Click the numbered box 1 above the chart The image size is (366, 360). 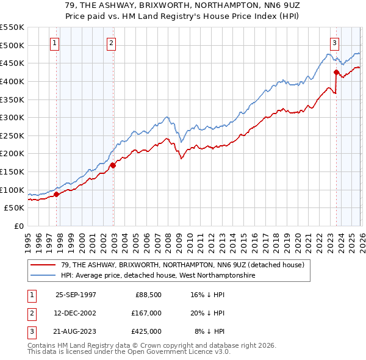click(55, 43)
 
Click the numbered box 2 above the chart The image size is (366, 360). click(112, 43)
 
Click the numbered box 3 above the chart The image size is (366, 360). click(335, 43)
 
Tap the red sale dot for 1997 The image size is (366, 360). click(57, 194)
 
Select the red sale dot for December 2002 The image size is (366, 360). click(113, 165)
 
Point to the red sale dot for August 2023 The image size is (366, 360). click(336, 73)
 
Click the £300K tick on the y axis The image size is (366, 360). click(12, 117)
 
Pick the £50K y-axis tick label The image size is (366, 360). click(14, 207)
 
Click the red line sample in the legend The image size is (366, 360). click(43, 265)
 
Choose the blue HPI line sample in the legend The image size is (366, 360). click(43, 276)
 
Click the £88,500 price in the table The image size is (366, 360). click(148, 294)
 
